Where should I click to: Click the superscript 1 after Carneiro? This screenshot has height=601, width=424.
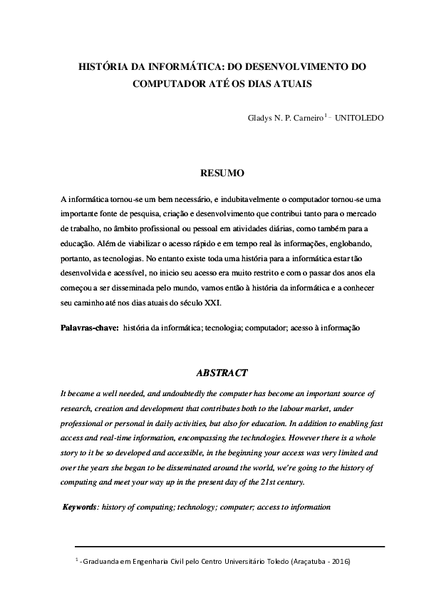pos(325,114)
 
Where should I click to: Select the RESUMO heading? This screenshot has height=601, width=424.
pos(222,173)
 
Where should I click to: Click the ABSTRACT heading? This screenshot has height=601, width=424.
pos(222,373)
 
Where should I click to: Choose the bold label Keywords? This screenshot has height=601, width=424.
pos(79,507)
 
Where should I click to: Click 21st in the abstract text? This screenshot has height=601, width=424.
pos(274,483)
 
